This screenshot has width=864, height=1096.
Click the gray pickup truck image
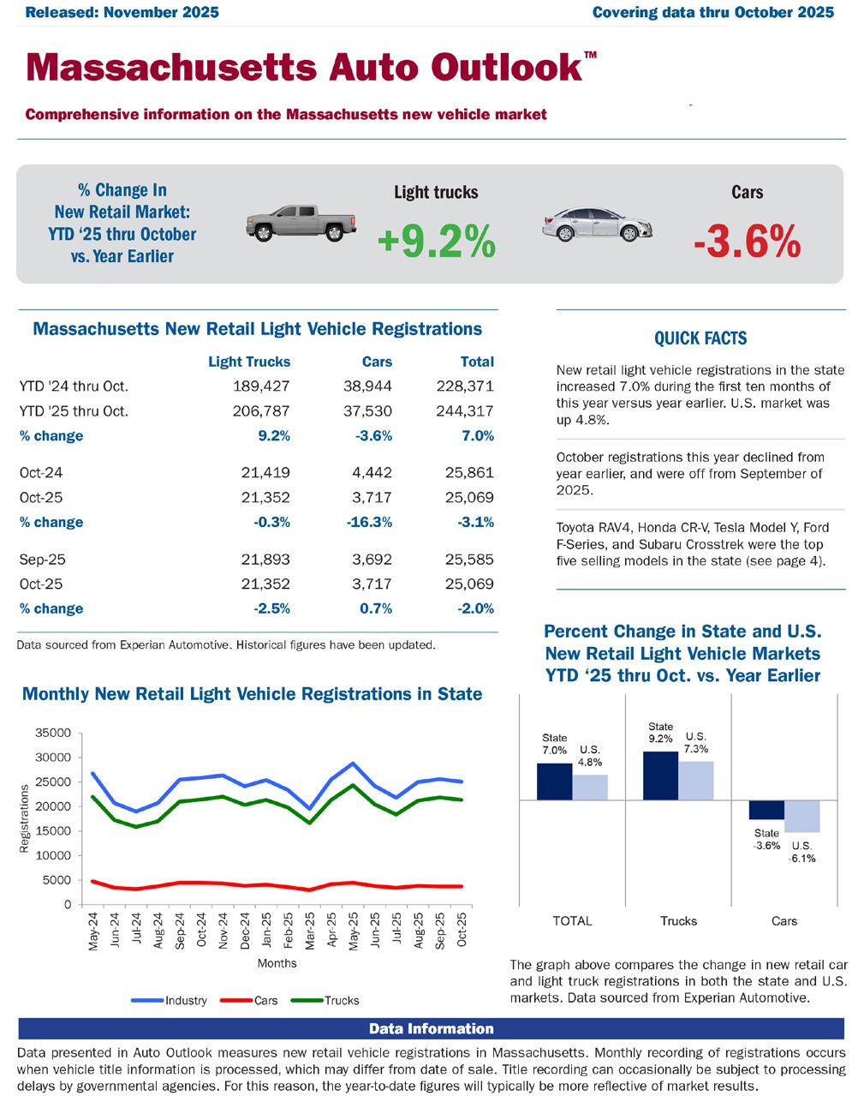tap(301, 224)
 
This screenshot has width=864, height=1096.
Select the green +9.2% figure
tap(436, 242)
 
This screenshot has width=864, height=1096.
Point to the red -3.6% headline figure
tap(747, 242)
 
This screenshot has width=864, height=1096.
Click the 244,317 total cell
tap(465, 411)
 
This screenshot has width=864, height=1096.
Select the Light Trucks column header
tap(249, 362)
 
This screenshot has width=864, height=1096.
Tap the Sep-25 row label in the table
tap(43, 560)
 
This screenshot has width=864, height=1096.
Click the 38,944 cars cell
tap(369, 386)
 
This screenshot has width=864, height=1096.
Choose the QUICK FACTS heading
tap(700, 338)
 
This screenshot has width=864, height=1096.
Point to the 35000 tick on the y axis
tap(53, 733)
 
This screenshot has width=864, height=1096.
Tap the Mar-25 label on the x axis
tap(310, 929)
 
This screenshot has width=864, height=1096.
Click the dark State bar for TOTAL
tap(555, 781)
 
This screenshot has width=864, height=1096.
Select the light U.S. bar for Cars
tap(802, 816)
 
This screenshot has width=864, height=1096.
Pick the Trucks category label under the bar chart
tap(678, 921)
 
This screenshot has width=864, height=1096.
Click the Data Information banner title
tap(432, 1028)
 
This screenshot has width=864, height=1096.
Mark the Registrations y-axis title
tap(24, 818)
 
